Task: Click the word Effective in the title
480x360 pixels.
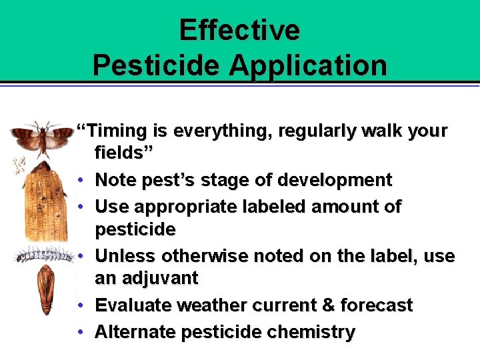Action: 239,30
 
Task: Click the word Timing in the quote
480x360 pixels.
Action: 113,131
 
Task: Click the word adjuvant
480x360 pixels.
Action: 147,279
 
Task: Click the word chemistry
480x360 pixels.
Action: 314,332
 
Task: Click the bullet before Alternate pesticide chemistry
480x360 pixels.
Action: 79,332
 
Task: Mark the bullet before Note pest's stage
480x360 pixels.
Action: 79,180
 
